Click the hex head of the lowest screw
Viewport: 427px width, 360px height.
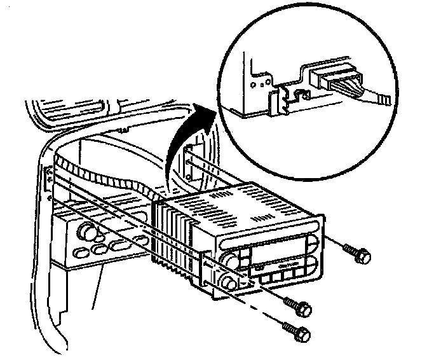(304, 332)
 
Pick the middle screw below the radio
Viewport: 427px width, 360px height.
(304, 309)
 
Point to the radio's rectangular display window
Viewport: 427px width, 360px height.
(267, 250)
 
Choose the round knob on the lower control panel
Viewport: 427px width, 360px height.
(85, 230)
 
